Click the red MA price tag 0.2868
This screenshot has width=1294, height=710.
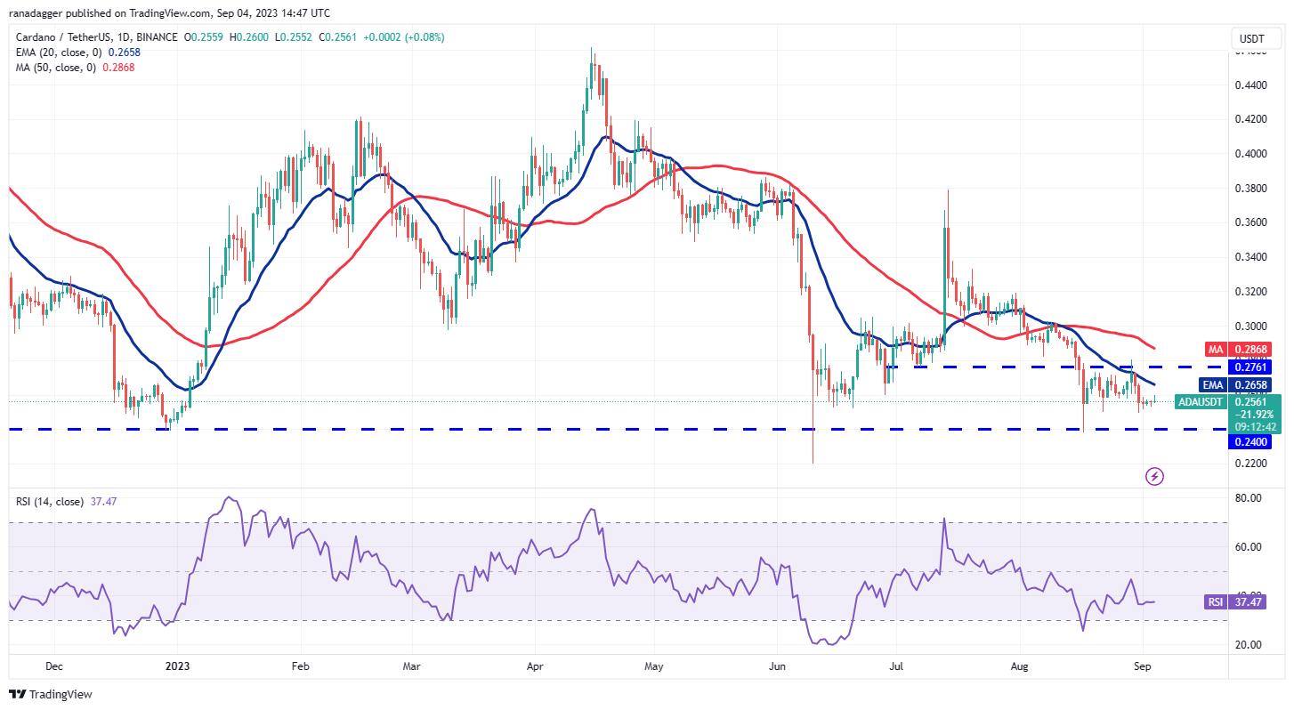point(1250,350)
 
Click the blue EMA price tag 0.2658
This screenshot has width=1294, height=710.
point(1250,384)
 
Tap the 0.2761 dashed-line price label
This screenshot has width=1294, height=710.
point(1250,367)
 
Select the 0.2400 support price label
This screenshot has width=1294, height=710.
point(1250,441)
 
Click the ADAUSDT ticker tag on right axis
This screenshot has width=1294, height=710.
point(1201,402)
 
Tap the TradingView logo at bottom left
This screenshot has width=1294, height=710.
point(51,694)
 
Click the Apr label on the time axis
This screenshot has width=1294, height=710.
point(534,666)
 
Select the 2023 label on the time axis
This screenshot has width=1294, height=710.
point(177,666)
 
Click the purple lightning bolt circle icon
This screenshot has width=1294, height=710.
point(1154,476)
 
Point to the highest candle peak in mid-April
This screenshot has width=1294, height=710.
point(592,50)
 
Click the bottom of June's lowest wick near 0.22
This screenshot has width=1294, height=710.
point(813,463)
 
